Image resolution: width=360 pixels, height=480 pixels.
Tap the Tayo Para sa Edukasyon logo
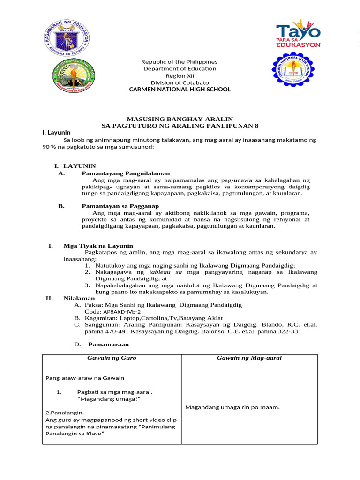pos(298,33)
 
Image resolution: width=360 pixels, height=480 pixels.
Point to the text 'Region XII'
pos(180,75)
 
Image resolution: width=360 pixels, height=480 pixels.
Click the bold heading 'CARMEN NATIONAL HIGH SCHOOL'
pos(180,89)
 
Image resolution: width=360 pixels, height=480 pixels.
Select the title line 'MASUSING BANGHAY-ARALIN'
pos(180,120)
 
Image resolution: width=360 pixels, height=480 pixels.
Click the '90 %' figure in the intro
pos(50,147)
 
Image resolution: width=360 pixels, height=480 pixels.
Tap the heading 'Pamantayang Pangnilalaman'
pos(126,173)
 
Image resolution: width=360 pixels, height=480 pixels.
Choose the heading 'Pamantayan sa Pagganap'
pos(120,206)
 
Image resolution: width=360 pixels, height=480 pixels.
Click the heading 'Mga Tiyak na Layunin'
pos(98,246)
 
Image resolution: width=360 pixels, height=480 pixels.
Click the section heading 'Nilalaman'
pos(79,298)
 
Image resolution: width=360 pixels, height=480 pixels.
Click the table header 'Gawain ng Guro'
pos(112,358)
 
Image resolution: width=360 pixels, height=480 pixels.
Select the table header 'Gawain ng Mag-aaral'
pos(249,358)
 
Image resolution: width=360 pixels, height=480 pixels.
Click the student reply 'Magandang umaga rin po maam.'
pos(232,407)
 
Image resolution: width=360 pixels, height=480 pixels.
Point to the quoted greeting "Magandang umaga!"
pos(109,398)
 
